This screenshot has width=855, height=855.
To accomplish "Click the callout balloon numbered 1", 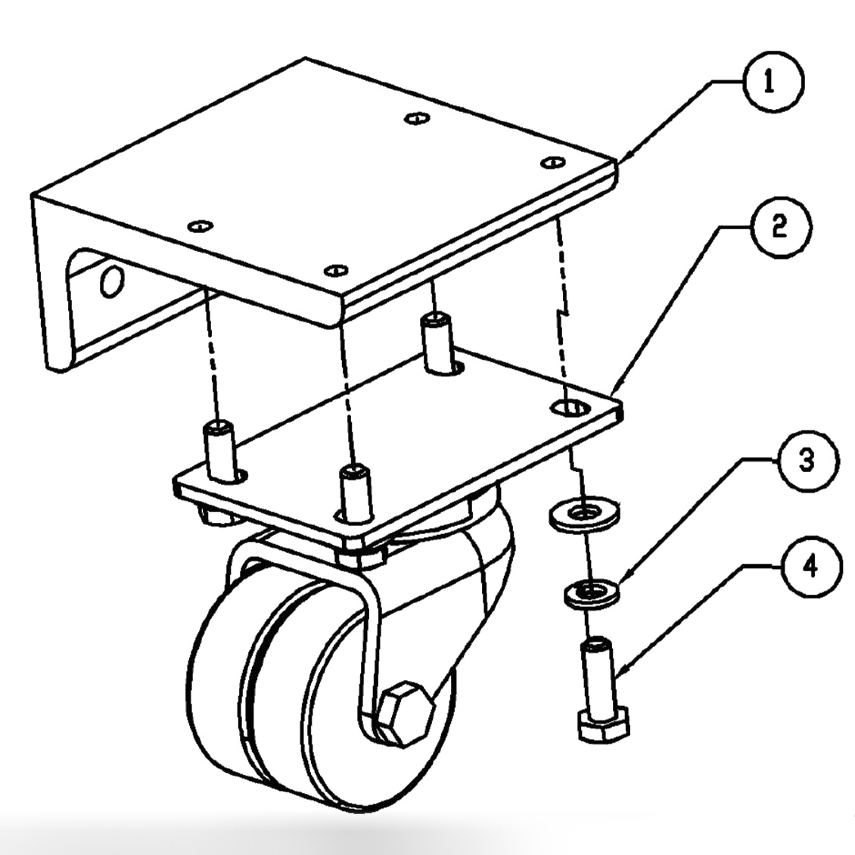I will [768, 83].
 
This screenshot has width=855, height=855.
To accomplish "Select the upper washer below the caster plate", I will [582, 515].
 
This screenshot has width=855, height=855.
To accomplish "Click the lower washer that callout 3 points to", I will [590, 591].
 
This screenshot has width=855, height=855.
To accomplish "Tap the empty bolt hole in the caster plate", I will [571, 408].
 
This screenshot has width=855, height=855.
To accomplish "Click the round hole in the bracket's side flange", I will [111, 281].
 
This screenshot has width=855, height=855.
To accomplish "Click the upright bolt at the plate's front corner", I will [354, 492].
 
